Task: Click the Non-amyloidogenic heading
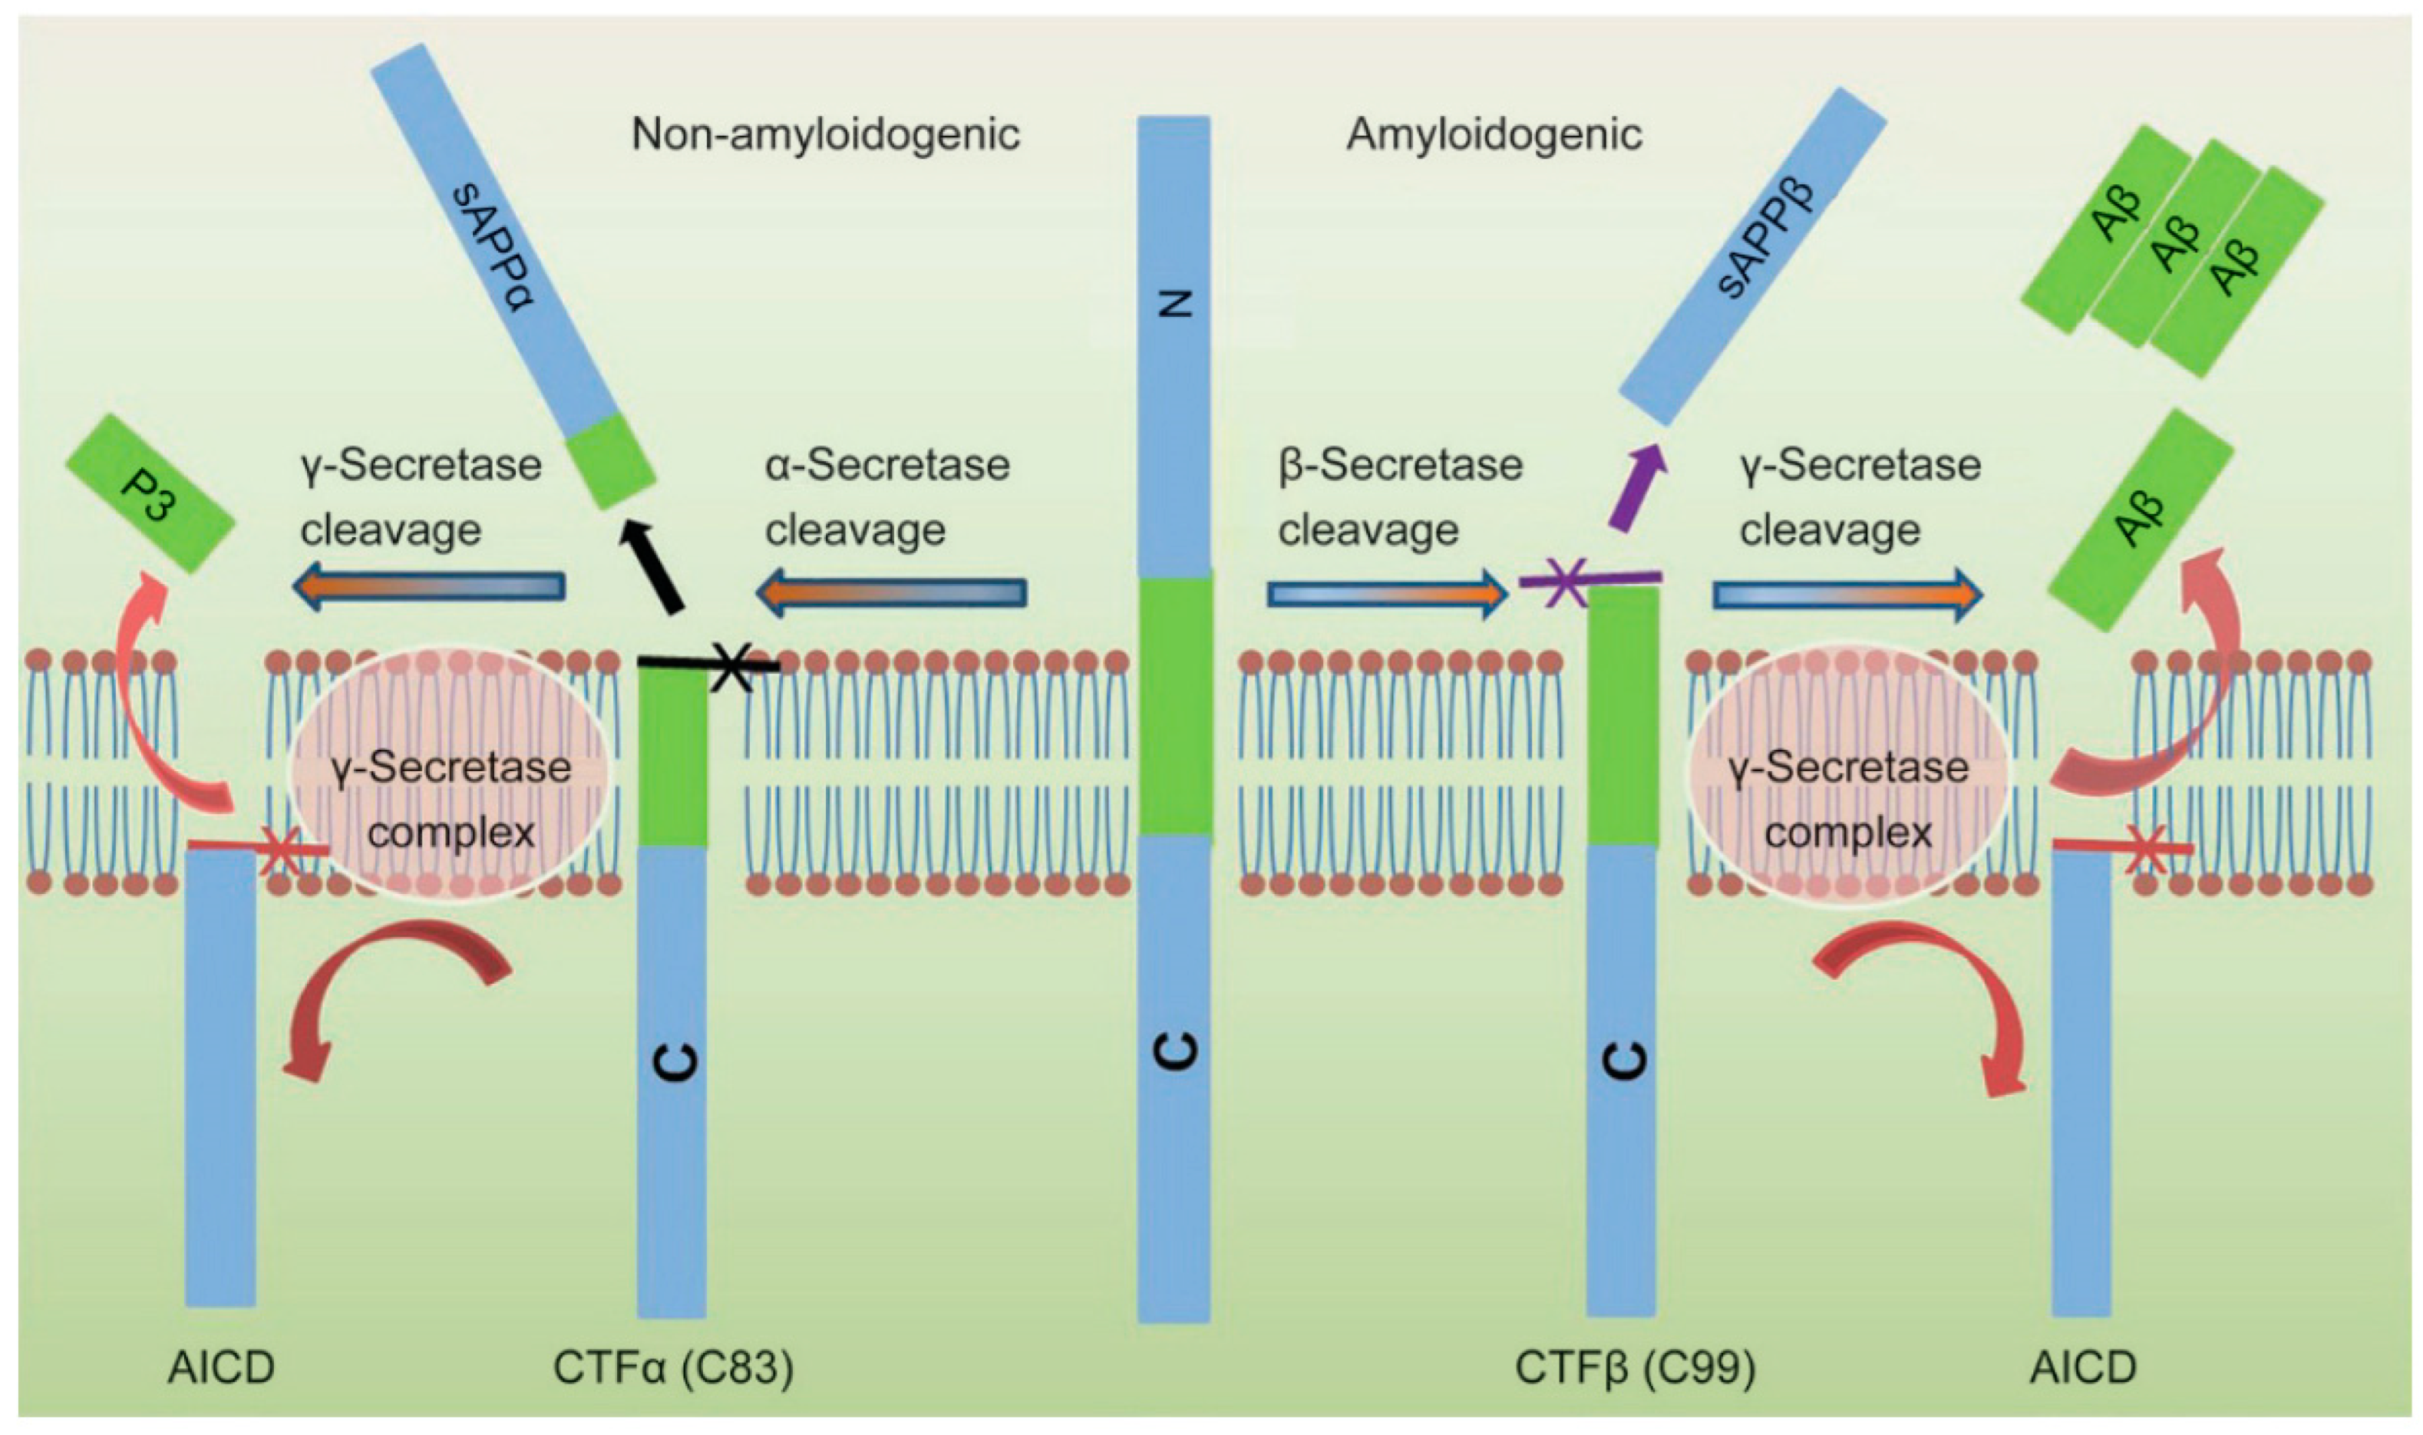[x=825, y=134]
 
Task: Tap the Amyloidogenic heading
[x=1493, y=134]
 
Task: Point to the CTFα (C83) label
[x=673, y=1367]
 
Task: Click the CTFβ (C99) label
[x=1634, y=1367]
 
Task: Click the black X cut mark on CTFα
[x=732, y=666]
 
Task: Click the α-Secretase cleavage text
[x=886, y=497]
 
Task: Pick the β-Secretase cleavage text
[x=1399, y=497]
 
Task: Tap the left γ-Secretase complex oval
[x=451, y=774]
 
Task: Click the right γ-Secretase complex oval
[x=1847, y=774]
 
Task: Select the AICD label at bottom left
[x=220, y=1367]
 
